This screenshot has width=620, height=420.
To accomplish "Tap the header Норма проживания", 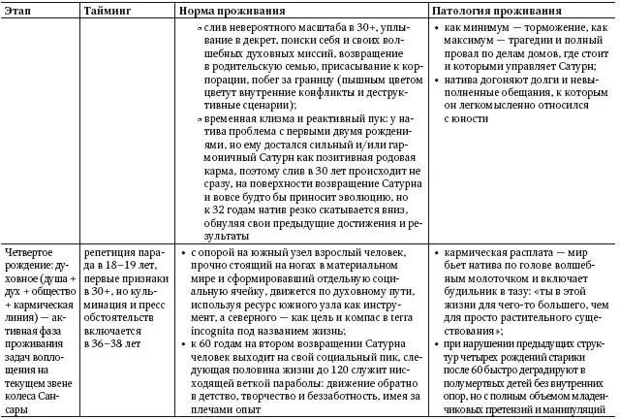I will tap(230, 8).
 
